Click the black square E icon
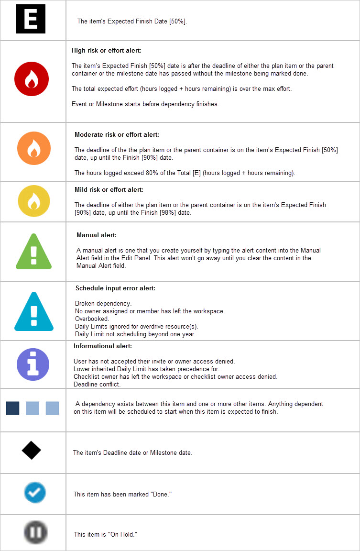pyautogui.click(x=31, y=19)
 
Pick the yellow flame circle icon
pyautogui.click(x=33, y=201)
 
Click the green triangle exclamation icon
pyautogui.click(x=33, y=251)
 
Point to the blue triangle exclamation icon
pyautogui.click(x=33, y=311)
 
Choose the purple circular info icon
pyautogui.click(x=33, y=364)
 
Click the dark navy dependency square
pyautogui.click(x=12, y=408)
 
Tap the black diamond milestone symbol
pyautogui.click(x=31, y=450)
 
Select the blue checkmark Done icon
pyautogui.click(x=35, y=492)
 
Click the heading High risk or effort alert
pyautogui.click(x=107, y=50)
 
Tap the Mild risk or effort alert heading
pyautogui.click(x=109, y=190)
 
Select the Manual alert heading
pyautogui.click(x=96, y=235)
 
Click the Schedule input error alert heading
pyautogui.click(x=115, y=288)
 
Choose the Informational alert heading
pyautogui.click(x=103, y=346)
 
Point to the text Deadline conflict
pyautogui.click(x=97, y=385)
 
